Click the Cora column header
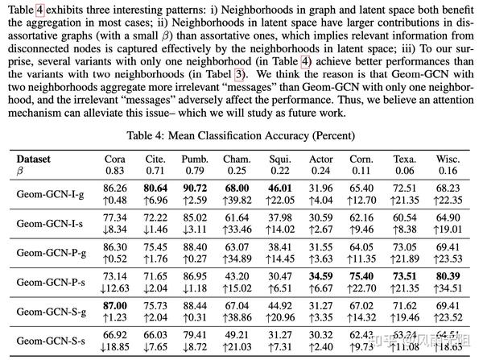click(115, 159)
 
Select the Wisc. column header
click(448, 159)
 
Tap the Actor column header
click(321, 159)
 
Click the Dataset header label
click(34, 159)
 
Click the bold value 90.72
click(195, 187)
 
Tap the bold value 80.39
click(448, 274)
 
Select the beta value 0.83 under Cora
click(115, 171)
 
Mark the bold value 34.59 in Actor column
click(321, 274)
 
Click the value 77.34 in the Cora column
click(115, 217)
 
